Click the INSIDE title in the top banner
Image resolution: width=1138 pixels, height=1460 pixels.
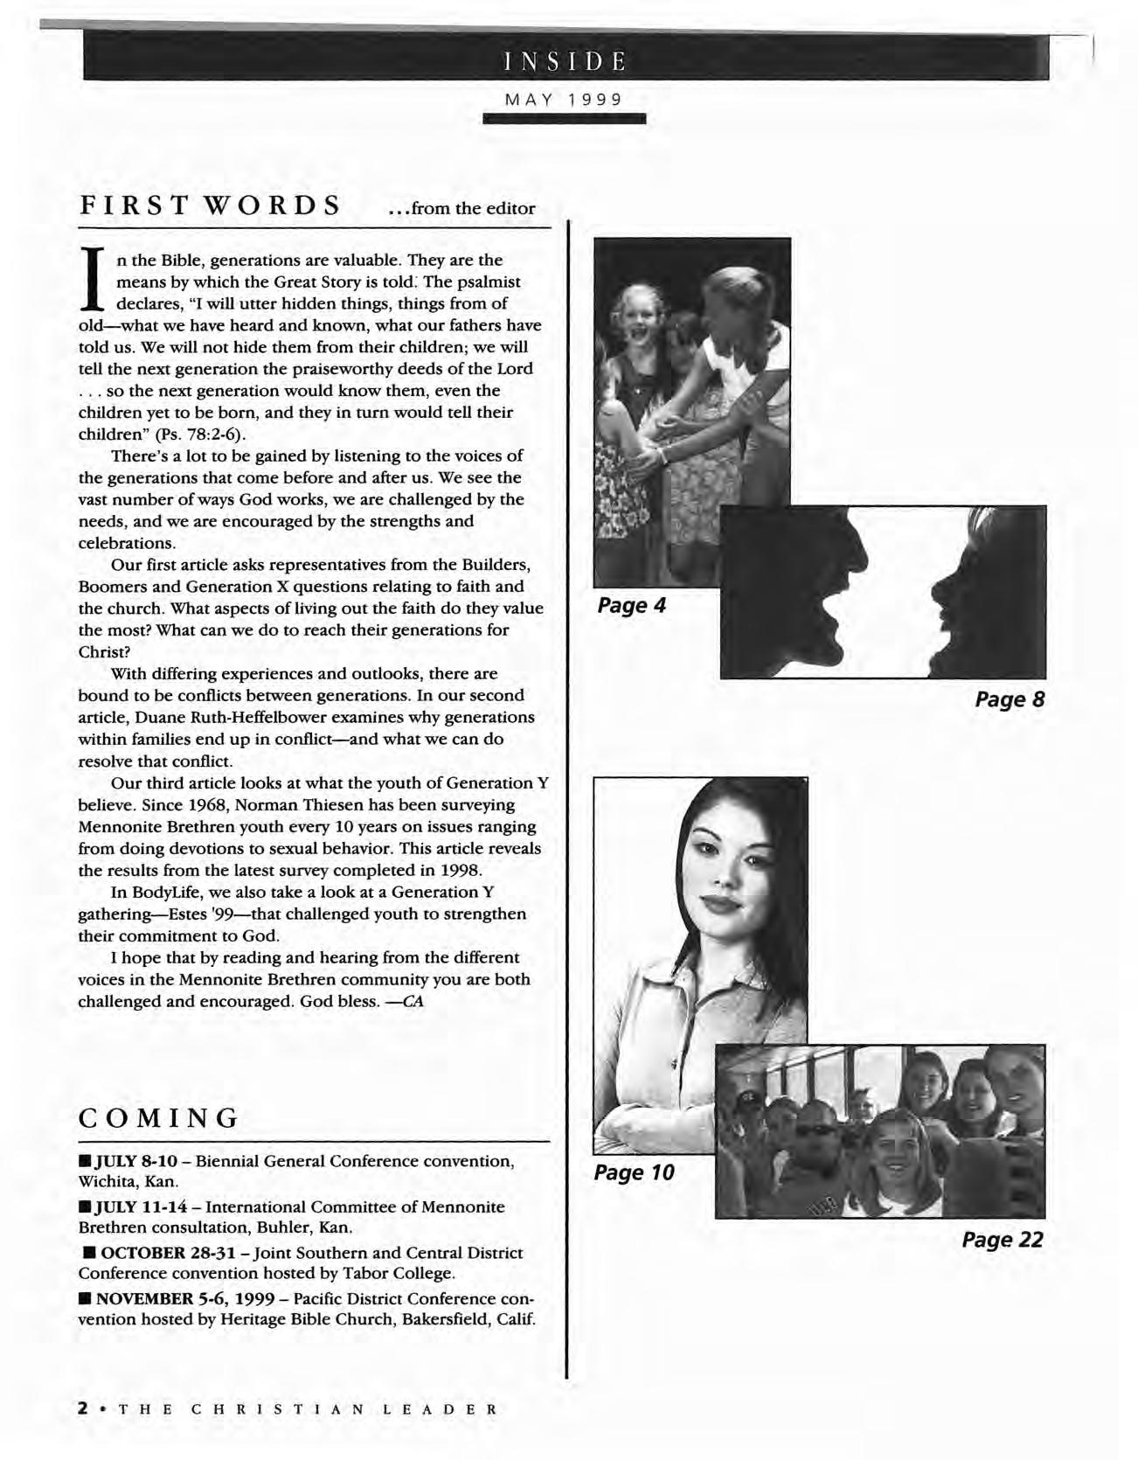tap(565, 61)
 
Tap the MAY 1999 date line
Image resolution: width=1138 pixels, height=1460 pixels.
tap(565, 100)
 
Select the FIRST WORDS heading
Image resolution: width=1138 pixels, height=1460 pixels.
tap(210, 206)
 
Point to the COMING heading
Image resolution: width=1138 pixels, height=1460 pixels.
tap(159, 1117)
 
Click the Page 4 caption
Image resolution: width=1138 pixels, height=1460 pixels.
tap(632, 605)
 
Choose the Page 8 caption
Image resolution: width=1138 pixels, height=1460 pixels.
tap(1010, 699)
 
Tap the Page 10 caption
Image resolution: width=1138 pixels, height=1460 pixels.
tap(635, 1172)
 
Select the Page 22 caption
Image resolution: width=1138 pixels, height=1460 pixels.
tap(1003, 1240)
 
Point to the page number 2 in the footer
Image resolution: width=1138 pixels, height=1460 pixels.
tap(83, 1409)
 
